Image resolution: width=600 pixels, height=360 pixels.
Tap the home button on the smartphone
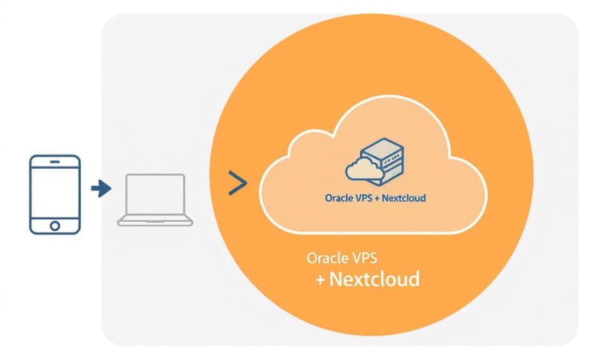point(53,224)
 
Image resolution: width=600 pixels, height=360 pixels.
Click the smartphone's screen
point(53,192)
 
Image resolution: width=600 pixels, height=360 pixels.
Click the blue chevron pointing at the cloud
point(237,184)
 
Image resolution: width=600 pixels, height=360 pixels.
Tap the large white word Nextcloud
point(374,280)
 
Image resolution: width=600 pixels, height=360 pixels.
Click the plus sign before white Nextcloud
point(320,281)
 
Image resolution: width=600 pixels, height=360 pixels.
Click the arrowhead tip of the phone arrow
point(109,188)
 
